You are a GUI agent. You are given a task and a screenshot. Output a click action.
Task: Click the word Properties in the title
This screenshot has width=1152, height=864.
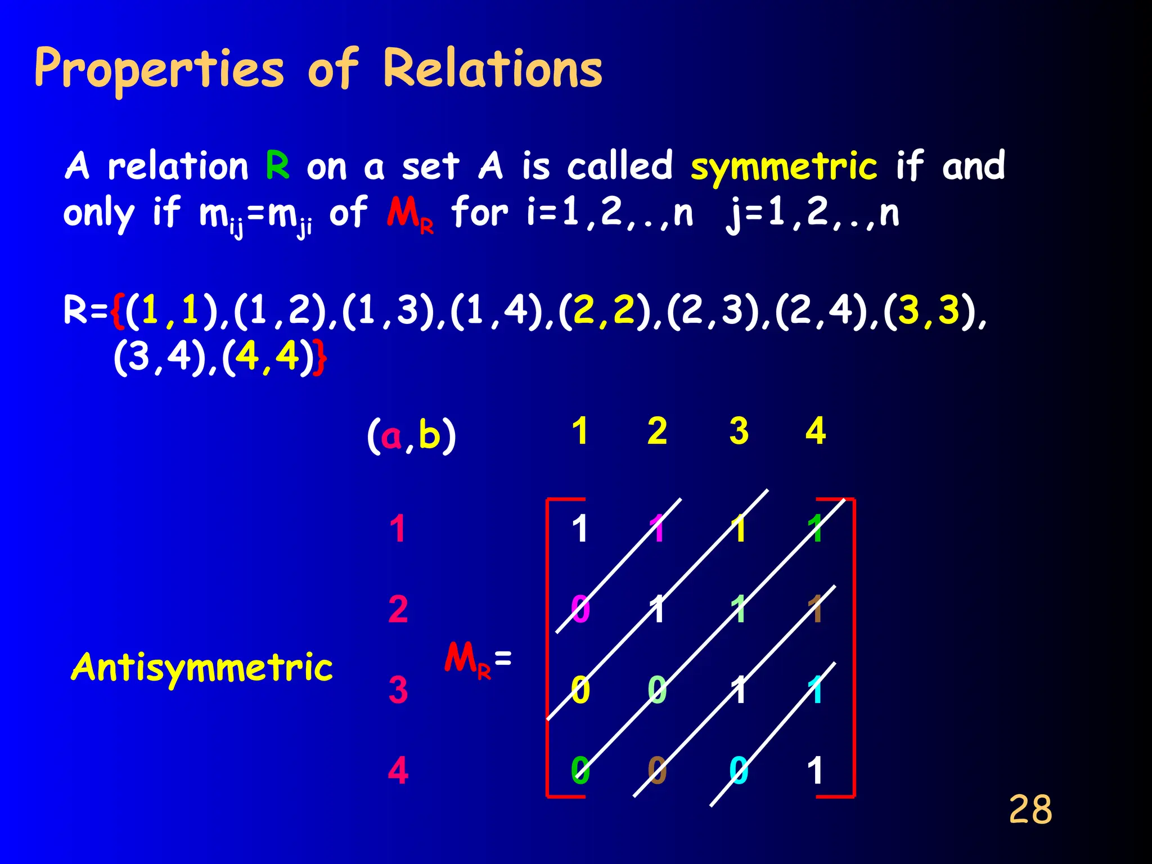159,70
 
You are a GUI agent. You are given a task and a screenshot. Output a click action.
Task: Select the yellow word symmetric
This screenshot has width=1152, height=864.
784,167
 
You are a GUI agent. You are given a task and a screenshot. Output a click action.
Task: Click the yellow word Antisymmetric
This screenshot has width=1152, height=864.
202,668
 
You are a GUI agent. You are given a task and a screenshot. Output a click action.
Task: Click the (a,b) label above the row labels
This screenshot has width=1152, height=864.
411,436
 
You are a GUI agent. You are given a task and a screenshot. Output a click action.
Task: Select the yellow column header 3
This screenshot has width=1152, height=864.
739,431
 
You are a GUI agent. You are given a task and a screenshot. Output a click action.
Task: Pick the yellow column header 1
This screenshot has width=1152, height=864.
580,431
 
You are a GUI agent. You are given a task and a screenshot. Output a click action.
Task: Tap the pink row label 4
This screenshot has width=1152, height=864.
398,771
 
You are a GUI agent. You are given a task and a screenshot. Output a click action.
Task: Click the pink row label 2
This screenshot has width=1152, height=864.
398,609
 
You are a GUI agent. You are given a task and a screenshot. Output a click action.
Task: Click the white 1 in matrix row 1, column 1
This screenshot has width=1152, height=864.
580,529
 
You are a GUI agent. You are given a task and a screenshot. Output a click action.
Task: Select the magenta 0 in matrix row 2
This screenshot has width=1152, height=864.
580,609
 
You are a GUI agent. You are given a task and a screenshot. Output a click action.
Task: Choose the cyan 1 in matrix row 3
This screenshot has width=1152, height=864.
816,690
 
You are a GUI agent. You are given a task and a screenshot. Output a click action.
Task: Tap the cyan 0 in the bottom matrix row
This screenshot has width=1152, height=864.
739,771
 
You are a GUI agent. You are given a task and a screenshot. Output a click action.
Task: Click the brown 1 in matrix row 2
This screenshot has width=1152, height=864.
816,609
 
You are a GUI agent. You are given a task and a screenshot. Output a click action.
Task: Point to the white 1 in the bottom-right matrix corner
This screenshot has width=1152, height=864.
816,771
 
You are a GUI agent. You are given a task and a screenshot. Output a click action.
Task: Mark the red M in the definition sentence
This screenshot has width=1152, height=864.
402,213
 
